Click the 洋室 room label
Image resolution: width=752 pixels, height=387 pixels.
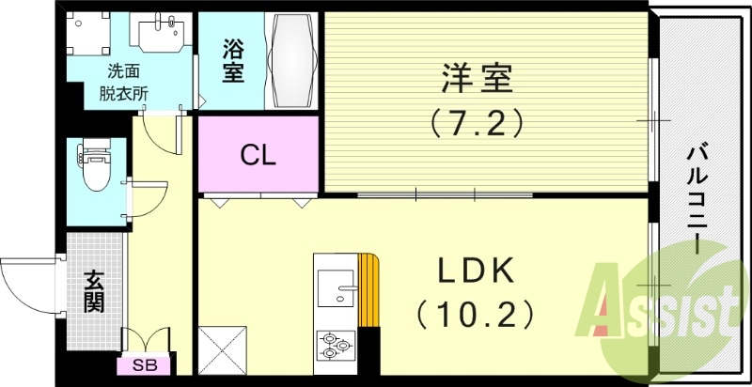coord(477,78)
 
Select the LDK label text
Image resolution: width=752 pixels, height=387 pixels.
coord(476,271)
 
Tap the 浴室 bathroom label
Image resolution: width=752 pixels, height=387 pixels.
coord(233,60)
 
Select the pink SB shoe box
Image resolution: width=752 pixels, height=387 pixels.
coord(144,365)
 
